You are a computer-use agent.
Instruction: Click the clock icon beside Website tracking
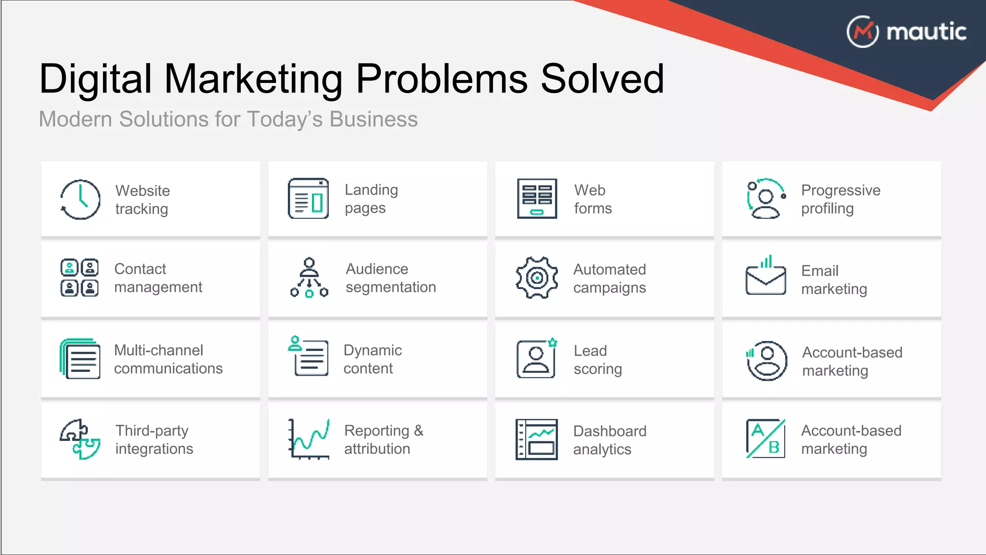pyautogui.click(x=80, y=199)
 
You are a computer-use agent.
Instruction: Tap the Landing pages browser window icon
pyautogui.click(x=308, y=198)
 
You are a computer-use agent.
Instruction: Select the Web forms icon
pyautogui.click(x=537, y=198)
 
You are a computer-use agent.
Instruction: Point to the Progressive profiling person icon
pyautogui.click(x=765, y=199)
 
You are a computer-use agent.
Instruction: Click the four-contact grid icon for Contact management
pyautogui.click(x=79, y=277)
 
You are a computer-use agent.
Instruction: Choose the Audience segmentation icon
pyautogui.click(x=309, y=278)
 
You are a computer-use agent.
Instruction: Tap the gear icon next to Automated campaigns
pyautogui.click(x=537, y=277)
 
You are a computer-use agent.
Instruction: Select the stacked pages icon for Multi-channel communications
pyautogui.click(x=80, y=359)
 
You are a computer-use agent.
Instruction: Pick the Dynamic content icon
pyautogui.click(x=308, y=357)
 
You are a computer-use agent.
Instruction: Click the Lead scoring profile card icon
pyautogui.click(x=536, y=359)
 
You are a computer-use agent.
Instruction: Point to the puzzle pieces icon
pyautogui.click(x=80, y=439)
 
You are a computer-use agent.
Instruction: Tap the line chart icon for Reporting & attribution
pyautogui.click(x=309, y=439)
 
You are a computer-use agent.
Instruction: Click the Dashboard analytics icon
pyautogui.click(x=536, y=439)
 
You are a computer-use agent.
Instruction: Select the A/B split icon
pyautogui.click(x=765, y=439)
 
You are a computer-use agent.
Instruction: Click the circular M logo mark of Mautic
pyautogui.click(x=862, y=32)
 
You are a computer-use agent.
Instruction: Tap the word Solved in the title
pyautogui.click(x=602, y=79)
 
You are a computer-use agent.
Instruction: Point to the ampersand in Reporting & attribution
pyautogui.click(x=418, y=430)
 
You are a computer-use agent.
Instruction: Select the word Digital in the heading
pyautogui.click(x=95, y=79)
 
